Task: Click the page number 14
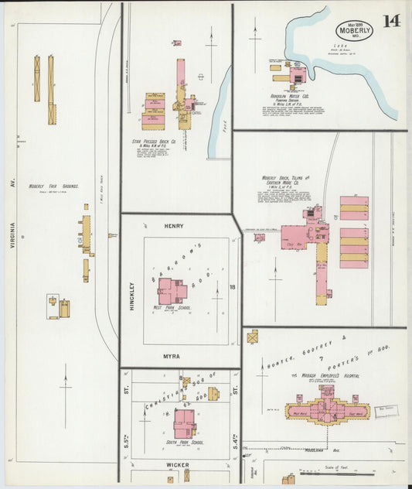[x=390, y=21]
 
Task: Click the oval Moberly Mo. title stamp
[x=354, y=31]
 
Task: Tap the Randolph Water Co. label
[x=295, y=97]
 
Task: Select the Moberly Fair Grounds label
[x=48, y=186]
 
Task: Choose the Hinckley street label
[x=131, y=294]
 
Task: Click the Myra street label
[x=172, y=356]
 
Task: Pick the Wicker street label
[x=178, y=465]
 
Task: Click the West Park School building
[x=172, y=290]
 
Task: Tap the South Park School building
[x=184, y=422]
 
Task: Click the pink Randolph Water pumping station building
[x=297, y=75]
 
